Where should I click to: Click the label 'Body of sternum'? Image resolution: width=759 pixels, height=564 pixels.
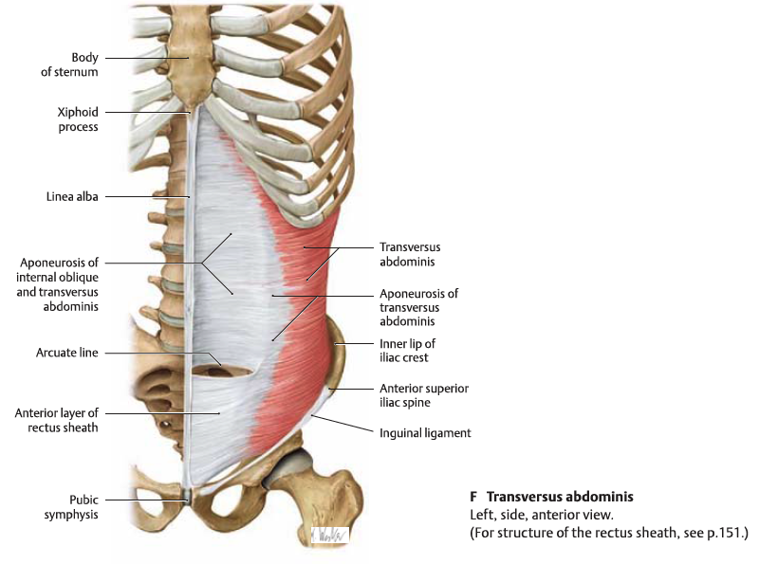69,64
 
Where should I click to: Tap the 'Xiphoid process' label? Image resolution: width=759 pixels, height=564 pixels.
78,119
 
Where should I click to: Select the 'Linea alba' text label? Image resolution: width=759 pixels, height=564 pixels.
72,197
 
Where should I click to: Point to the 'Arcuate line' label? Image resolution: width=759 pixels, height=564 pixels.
66,353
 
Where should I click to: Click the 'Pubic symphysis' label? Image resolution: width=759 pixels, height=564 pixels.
71,507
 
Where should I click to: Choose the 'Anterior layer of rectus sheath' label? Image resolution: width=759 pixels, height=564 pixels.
57,420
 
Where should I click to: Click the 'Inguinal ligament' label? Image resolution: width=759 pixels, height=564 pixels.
425,433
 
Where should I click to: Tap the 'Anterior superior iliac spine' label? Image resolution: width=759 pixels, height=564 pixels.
424,395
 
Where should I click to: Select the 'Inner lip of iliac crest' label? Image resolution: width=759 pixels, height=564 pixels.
407,351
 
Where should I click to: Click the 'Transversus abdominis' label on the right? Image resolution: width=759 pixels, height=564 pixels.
410,254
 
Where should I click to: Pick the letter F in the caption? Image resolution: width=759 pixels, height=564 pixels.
473,498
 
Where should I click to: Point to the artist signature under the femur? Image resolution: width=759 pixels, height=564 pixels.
329,535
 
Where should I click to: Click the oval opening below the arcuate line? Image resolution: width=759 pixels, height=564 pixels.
223,371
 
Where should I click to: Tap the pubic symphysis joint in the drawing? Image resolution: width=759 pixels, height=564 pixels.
187,497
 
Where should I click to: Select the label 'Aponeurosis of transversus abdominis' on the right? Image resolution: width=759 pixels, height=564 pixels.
418,308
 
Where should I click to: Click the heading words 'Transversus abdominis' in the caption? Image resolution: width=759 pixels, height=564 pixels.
560,498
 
